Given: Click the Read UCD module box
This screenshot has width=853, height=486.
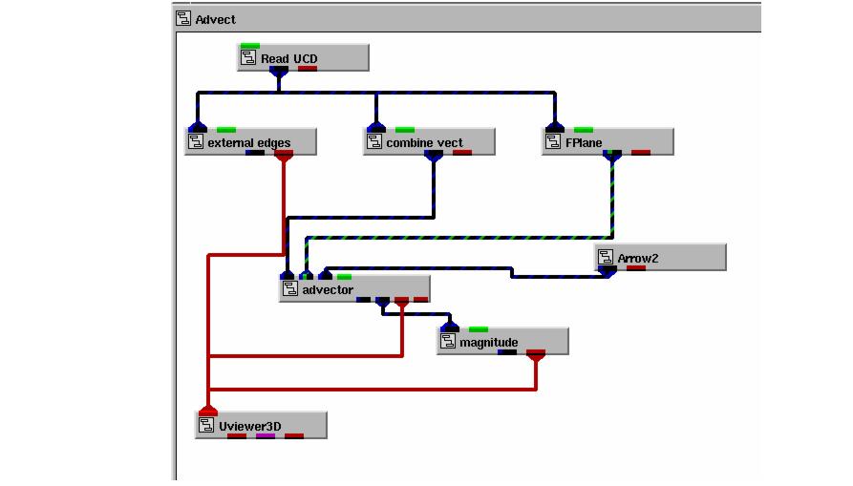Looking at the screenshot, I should [x=303, y=58].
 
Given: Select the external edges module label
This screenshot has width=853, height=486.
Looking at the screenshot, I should [x=248, y=142].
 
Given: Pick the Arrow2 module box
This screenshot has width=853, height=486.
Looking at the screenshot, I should [x=660, y=258].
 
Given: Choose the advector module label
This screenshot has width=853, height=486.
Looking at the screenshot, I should [x=327, y=289].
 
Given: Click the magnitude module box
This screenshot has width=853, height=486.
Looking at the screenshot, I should [x=502, y=342].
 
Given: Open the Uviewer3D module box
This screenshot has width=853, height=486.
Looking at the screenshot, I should [x=261, y=426].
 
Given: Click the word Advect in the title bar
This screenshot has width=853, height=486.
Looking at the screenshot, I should [x=215, y=19].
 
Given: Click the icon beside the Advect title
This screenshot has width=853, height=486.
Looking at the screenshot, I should [x=183, y=19].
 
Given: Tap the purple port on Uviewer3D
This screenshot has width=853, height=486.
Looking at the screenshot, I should [x=266, y=436].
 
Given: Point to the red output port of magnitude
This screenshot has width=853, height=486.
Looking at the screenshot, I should [x=536, y=355].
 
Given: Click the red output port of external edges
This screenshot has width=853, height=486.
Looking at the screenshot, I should [x=284, y=155].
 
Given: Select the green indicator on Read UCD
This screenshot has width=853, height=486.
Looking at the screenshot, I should [x=250, y=46].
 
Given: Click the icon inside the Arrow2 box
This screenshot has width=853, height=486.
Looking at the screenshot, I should [x=606, y=258].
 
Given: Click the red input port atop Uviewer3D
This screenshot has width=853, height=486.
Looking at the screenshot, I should [x=208, y=411].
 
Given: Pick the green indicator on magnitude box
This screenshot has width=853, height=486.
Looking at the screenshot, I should [x=479, y=329].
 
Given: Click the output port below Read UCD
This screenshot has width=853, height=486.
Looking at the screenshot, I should [x=278, y=70].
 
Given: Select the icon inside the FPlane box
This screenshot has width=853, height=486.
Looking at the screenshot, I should [x=553, y=142].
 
